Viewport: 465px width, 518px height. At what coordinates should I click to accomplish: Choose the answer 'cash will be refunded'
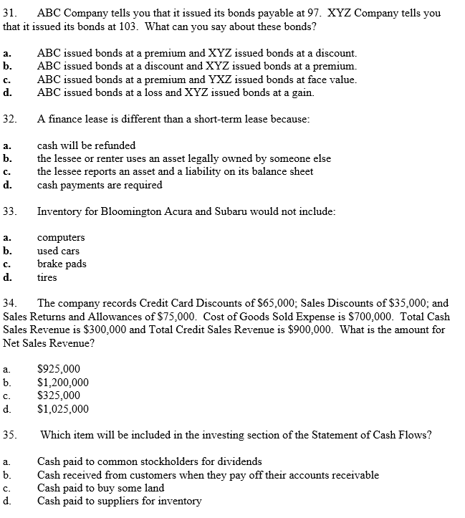click(x=86, y=145)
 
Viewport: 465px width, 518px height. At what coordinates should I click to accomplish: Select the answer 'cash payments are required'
click(x=100, y=185)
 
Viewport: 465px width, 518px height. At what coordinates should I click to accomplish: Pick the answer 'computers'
click(x=61, y=237)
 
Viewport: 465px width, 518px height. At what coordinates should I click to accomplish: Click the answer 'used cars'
click(x=58, y=251)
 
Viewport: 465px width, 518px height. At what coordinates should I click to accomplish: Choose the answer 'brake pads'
click(x=62, y=264)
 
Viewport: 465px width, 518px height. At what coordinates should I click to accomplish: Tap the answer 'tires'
click(x=47, y=277)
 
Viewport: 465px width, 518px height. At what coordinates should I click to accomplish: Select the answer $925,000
click(x=59, y=370)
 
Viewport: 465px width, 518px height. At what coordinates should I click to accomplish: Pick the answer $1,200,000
click(x=63, y=383)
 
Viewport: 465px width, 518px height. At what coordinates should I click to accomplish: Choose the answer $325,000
click(x=59, y=395)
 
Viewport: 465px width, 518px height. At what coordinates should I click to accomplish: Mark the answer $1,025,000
click(x=63, y=409)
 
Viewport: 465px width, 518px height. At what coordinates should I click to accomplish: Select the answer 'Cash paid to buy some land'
click(x=100, y=488)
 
